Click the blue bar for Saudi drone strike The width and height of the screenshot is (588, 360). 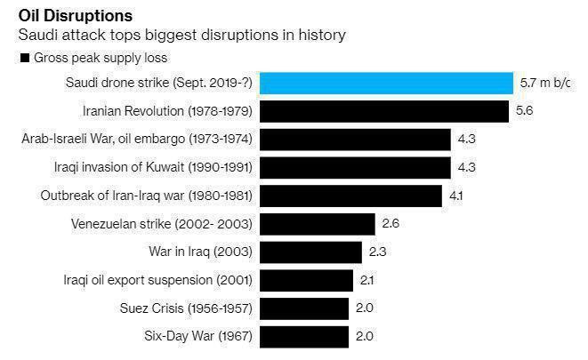click(x=386, y=84)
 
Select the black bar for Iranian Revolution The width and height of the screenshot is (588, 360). click(x=383, y=112)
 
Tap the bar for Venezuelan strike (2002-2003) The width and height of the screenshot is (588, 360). click(x=317, y=224)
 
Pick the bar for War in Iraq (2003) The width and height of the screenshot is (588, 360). click(x=310, y=252)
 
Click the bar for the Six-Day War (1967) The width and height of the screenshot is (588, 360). click(x=303, y=336)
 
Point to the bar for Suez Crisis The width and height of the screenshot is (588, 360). click(x=303, y=308)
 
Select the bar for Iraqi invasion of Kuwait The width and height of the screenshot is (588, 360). click(x=355, y=168)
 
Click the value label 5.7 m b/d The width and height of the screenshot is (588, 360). click(x=544, y=84)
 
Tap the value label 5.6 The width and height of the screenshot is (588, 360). click(x=524, y=112)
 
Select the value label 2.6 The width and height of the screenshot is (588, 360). click(x=391, y=223)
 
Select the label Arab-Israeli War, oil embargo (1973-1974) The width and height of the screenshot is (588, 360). click(x=136, y=140)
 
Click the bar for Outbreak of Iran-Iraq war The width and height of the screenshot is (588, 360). click(x=350, y=196)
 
